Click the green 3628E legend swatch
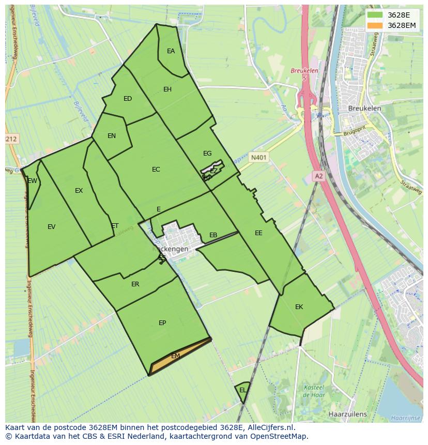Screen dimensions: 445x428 click(375, 14)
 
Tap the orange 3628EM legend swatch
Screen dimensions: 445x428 click(375, 25)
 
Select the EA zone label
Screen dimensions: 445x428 click(171, 51)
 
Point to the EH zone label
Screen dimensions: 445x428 click(167, 89)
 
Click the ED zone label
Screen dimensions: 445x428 click(128, 99)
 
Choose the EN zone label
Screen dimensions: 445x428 click(112, 136)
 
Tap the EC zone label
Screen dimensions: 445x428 click(156, 170)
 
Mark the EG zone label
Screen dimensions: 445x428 click(207, 154)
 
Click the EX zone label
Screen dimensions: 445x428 click(79, 191)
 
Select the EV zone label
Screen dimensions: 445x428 click(51, 226)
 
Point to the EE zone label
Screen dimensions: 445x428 click(258, 233)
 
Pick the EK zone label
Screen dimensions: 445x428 click(299, 307)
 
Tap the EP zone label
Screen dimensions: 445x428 click(162, 323)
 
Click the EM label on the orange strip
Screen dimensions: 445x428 click(175, 356)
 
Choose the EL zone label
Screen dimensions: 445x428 click(243, 390)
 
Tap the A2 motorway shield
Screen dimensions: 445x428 click(318, 176)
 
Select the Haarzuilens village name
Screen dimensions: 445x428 click(347, 414)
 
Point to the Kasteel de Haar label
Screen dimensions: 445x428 click(313, 391)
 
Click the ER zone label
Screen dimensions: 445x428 click(135, 284)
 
